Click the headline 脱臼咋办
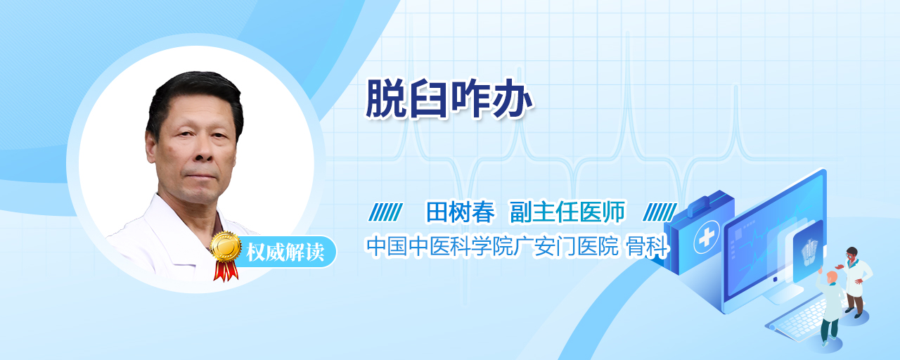[449, 98]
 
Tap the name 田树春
[460, 212]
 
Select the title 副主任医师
[567, 212]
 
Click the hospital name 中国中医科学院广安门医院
[492, 245]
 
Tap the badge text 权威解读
[285, 252]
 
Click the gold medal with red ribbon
[226, 255]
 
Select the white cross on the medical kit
[707, 237]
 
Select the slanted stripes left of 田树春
[385, 212]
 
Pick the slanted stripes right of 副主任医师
[660, 212]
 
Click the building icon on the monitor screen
[809, 252]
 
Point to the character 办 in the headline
[513, 98]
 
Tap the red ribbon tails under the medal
[226, 271]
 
